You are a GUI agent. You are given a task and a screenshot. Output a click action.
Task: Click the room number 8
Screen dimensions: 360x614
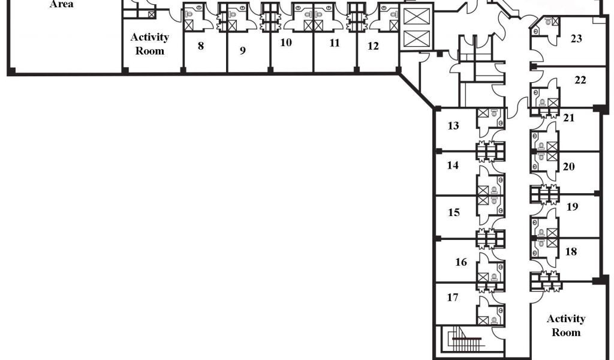(201, 46)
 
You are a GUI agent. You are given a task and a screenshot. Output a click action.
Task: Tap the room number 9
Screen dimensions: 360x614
(243, 50)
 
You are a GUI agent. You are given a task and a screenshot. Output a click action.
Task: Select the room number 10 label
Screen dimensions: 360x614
(286, 43)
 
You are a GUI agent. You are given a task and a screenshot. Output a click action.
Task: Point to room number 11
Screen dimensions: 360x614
(335, 43)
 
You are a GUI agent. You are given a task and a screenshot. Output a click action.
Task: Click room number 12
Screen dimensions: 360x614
(374, 46)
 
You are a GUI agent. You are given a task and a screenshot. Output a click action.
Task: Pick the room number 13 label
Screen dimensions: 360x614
(453, 126)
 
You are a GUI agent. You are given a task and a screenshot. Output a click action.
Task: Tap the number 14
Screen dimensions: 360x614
(453, 165)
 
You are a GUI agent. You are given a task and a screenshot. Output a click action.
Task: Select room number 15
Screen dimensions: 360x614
(454, 212)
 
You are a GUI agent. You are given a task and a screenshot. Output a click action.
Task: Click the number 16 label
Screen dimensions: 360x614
(461, 262)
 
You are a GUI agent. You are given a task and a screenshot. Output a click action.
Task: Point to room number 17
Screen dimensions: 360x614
(453, 296)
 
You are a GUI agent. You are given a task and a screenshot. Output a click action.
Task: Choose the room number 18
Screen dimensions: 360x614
(571, 252)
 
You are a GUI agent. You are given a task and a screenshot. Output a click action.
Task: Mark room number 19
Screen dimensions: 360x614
(572, 207)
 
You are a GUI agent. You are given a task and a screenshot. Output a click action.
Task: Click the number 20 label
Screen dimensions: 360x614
(568, 167)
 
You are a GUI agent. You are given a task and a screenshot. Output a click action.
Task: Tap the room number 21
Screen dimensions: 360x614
(568, 118)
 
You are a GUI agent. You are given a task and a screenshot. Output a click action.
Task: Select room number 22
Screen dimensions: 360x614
(580, 80)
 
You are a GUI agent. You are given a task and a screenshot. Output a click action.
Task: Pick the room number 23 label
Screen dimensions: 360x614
(576, 39)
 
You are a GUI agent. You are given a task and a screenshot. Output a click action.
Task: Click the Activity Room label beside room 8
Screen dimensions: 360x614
(150, 44)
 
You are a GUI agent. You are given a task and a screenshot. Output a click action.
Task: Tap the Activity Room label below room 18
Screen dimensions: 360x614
(566, 325)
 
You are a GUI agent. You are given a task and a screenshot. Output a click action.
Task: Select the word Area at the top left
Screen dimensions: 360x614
(62, 5)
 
